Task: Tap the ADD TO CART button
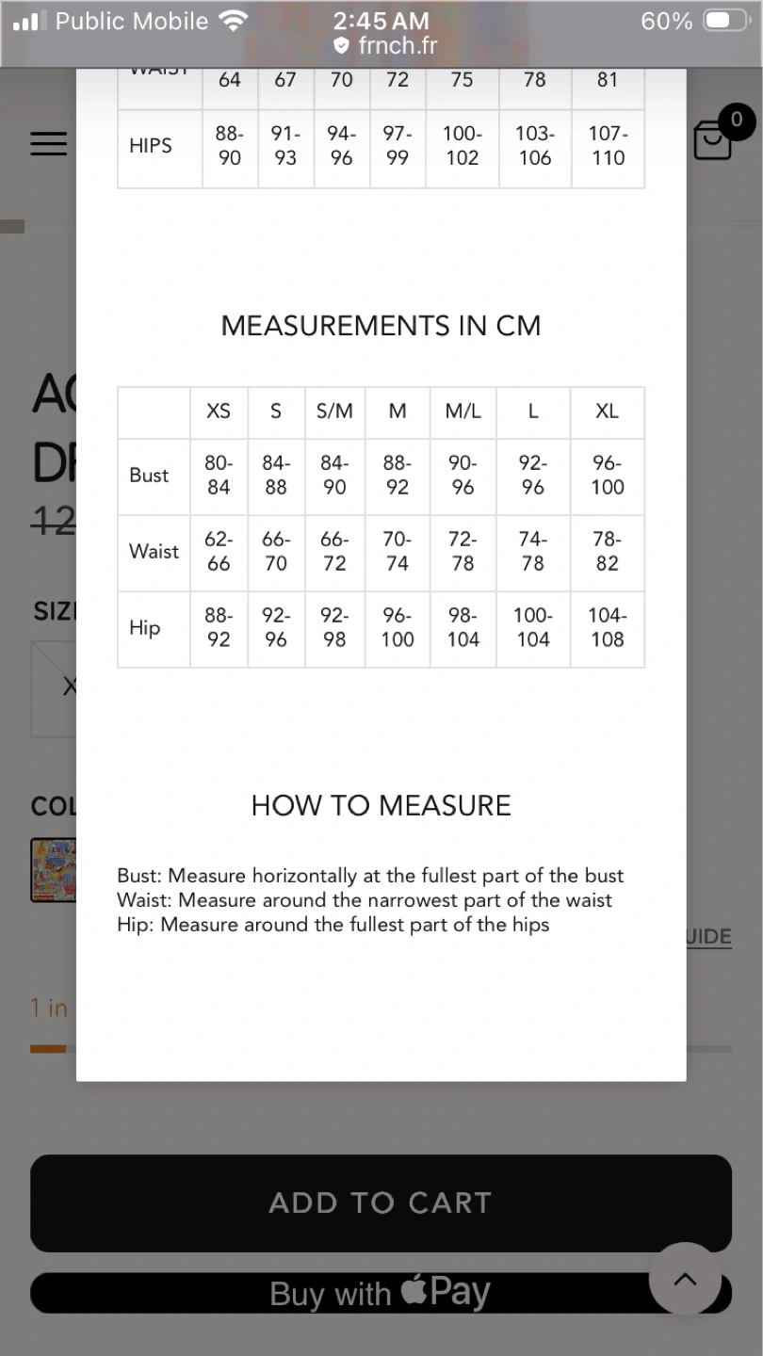(x=381, y=1203)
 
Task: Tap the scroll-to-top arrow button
(x=685, y=1279)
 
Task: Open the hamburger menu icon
(x=48, y=143)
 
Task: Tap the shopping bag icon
(x=712, y=141)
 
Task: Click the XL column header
(x=607, y=412)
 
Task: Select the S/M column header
(x=334, y=412)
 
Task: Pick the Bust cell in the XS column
(x=219, y=475)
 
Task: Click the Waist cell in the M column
(x=398, y=552)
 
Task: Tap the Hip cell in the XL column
(x=607, y=628)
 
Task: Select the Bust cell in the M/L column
(x=463, y=475)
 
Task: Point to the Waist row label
(x=154, y=552)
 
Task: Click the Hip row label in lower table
(x=145, y=628)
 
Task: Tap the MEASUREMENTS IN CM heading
(x=381, y=326)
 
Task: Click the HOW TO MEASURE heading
(x=381, y=805)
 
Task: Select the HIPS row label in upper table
(x=151, y=146)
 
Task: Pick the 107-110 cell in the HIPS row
(x=608, y=146)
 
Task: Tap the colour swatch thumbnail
(x=53, y=869)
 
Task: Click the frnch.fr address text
(x=398, y=45)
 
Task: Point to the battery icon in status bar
(x=726, y=21)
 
